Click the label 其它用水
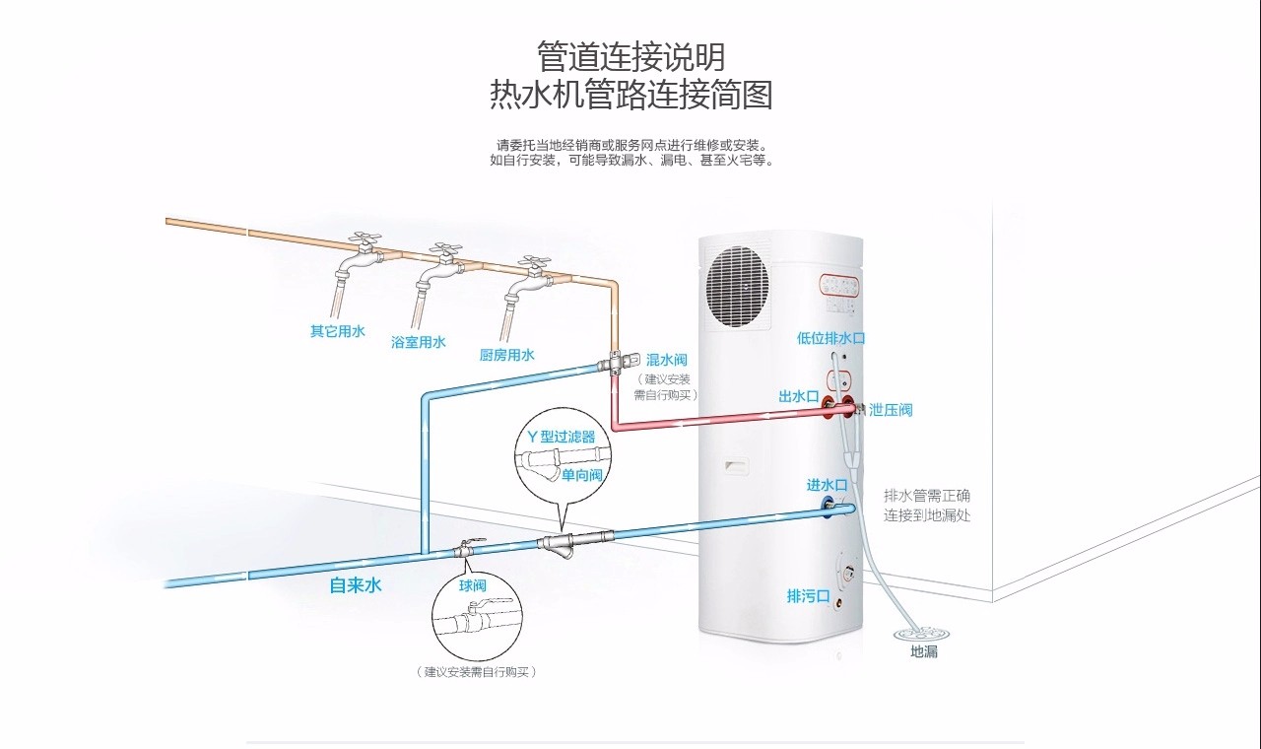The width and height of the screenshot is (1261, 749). (338, 332)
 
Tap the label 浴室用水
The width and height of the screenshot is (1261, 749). (419, 343)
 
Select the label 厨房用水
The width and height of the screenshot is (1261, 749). (506, 355)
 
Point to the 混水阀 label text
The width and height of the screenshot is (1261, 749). (667, 360)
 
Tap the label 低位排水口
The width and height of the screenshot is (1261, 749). (830, 338)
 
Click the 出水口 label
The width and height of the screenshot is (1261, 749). (798, 397)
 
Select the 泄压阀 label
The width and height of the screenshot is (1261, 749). (891, 410)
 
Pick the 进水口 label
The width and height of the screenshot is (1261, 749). (827, 485)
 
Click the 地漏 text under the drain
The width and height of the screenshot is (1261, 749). (923, 652)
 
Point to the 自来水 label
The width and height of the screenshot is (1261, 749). (355, 585)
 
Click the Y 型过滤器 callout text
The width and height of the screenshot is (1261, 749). (562, 437)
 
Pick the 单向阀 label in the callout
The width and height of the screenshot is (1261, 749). (581, 475)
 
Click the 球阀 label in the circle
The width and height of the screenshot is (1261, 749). (473, 585)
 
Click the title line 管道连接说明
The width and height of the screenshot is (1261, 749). (630, 55)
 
